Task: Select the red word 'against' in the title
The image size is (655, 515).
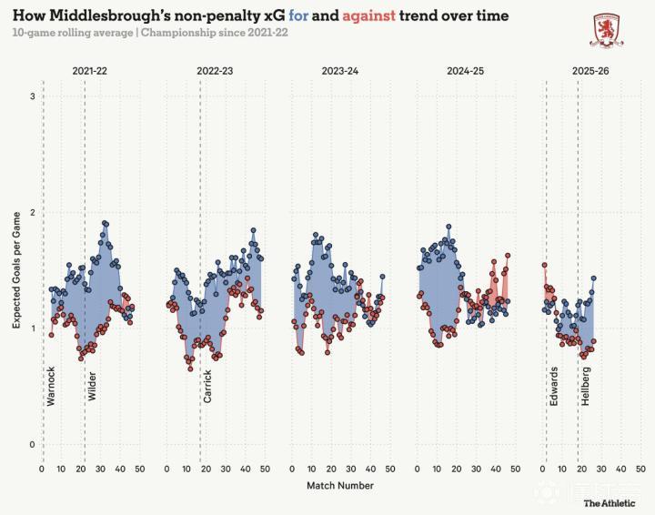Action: pyautogui.click(x=369, y=16)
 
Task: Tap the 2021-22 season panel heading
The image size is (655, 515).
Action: pyautogui.click(x=91, y=71)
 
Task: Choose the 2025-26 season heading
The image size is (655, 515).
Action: pyautogui.click(x=590, y=71)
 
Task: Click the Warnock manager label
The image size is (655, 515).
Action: pyautogui.click(x=51, y=385)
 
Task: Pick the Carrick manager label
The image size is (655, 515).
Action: pyautogui.click(x=207, y=386)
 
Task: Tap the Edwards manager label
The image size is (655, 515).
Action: pyautogui.click(x=553, y=385)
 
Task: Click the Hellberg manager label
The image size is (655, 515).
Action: pyautogui.click(x=585, y=385)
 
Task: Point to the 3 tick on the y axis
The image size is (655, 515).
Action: pyautogui.click(x=33, y=96)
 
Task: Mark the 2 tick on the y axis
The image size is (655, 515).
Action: pyautogui.click(x=33, y=212)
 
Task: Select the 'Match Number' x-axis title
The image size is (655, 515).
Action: pyautogui.click(x=339, y=486)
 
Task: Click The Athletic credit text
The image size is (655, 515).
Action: pyautogui.click(x=609, y=503)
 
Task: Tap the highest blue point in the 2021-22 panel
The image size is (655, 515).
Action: pyautogui.click(x=105, y=223)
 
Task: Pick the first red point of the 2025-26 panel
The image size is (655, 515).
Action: pyautogui.click(x=544, y=266)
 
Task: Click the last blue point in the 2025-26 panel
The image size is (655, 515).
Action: pyautogui.click(x=593, y=278)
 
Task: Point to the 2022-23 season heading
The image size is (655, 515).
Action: pyautogui.click(x=215, y=71)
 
